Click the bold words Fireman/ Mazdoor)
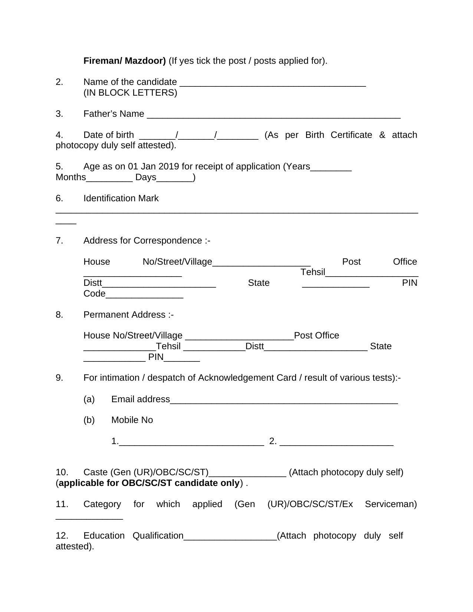pyautogui.click(x=124, y=61)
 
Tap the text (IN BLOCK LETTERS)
pyautogui.click(x=130, y=93)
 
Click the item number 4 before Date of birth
pyautogui.click(x=59, y=135)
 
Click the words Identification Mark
pyautogui.click(x=121, y=198)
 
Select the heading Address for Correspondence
pyautogui.click(x=147, y=241)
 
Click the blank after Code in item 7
pyautogui.click(x=144, y=295)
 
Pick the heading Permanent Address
pyautogui.click(x=128, y=315)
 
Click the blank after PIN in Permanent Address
pyautogui.click(x=182, y=359)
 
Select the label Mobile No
pyautogui.click(x=132, y=420)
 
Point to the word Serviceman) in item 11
pyautogui.click(x=391, y=504)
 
